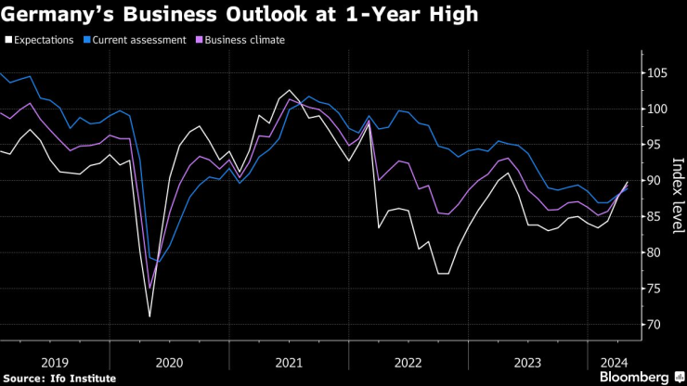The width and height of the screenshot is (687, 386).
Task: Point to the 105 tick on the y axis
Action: (x=655, y=73)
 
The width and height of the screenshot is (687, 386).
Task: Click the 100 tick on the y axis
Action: (x=655, y=109)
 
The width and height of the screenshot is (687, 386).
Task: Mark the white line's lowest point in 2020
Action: (x=149, y=316)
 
